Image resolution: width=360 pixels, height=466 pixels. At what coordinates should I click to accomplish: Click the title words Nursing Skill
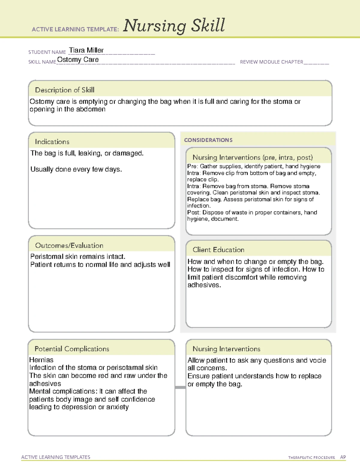pyautogui.click(x=174, y=26)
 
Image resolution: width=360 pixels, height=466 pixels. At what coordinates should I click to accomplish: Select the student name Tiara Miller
pyautogui.click(x=86, y=50)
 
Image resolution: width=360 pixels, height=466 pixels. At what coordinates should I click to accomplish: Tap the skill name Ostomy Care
pyautogui.click(x=78, y=60)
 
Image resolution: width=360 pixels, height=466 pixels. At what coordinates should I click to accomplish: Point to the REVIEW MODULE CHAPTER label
pyautogui.click(x=271, y=62)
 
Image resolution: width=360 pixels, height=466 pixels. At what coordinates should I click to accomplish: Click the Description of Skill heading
pyautogui.click(x=64, y=90)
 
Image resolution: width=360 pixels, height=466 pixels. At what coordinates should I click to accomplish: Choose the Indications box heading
pyautogui.click(x=52, y=142)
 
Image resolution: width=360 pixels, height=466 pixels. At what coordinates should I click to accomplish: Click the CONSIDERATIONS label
pyautogui.click(x=208, y=140)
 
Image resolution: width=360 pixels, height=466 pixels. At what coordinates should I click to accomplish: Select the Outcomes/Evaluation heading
pyautogui.click(x=69, y=245)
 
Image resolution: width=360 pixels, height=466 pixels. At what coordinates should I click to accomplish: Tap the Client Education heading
pyautogui.click(x=218, y=250)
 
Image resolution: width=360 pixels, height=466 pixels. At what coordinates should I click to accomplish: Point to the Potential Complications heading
pyautogui.click(x=72, y=349)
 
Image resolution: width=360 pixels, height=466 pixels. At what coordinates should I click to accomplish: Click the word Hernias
pyautogui.click(x=41, y=360)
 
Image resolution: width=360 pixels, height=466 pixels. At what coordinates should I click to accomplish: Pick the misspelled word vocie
pyautogui.click(x=317, y=360)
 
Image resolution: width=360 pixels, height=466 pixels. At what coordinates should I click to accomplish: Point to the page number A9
pyautogui.click(x=343, y=457)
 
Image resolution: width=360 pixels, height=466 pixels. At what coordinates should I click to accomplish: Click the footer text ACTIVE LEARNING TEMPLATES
pyautogui.click(x=56, y=457)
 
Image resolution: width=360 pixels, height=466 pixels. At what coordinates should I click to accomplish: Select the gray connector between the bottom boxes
pyautogui.click(x=180, y=387)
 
